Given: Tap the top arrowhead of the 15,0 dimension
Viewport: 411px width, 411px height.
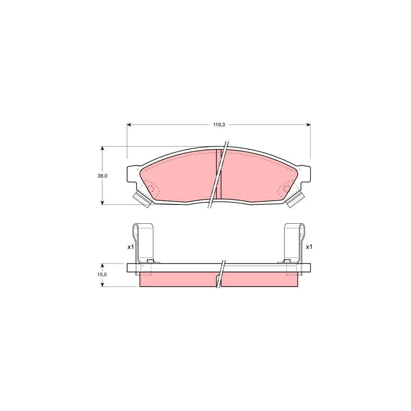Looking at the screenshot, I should pyautogui.click(x=102, y=265).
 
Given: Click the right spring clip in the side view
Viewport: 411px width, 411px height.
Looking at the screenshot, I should pyautogui.click(x=294, y=242).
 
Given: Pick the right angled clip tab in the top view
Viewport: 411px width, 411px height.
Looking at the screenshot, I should pyautogui.click(x=295, y=200).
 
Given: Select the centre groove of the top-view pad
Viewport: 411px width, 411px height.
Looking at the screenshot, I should pyautogui.click(x=218, y=174).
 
